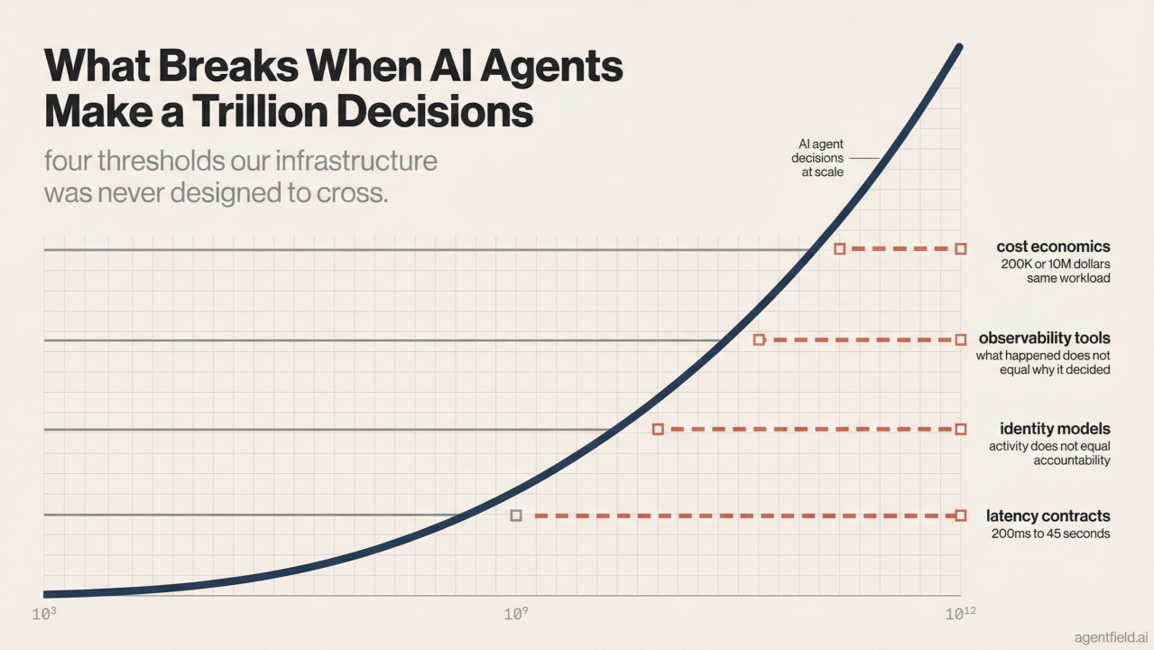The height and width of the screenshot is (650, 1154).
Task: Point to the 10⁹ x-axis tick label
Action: click(515, 615)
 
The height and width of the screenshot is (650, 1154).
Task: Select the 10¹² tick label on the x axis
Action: click(959, 614)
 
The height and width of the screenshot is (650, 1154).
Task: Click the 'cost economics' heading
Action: click(1053, 246)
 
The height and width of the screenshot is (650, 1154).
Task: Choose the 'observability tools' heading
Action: click(1044, 339)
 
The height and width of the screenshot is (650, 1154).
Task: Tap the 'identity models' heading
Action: click(1055, 429)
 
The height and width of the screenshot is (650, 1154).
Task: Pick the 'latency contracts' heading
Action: click(1048, 516)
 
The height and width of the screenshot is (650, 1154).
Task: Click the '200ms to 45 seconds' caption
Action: click(1050, 534)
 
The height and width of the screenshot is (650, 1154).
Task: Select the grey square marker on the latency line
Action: click(516, 515)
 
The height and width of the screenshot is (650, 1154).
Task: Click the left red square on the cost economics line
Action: click(839, 248)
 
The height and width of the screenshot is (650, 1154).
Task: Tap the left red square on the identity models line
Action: click(658, 429)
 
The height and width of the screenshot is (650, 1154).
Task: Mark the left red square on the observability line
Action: click(759, 339)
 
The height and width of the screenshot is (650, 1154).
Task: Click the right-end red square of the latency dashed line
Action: click(960, 515)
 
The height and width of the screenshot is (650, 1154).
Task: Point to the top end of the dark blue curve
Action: click(958, 47)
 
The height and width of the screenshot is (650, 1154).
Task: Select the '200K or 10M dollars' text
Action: click(1055, 264)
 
